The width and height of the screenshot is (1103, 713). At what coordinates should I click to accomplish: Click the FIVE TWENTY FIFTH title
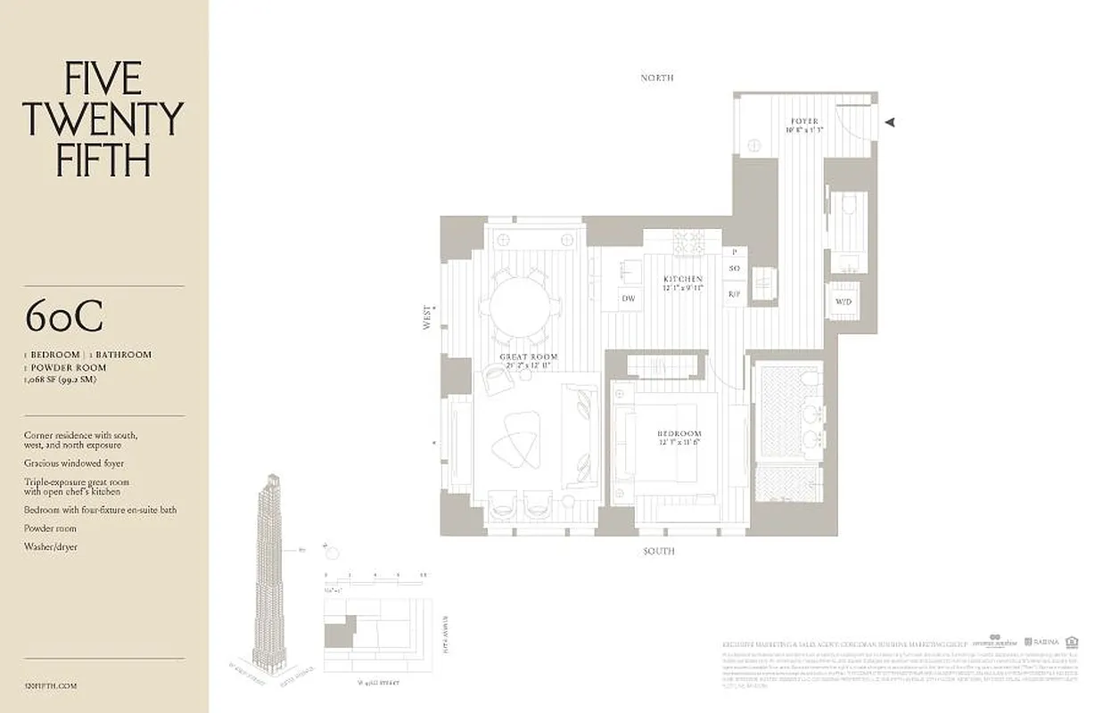coord(103,119)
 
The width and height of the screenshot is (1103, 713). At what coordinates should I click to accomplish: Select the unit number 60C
coord(64,316)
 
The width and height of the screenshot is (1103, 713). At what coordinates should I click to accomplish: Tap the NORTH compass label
coord(657,78)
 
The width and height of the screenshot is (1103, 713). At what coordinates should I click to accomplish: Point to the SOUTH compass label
coord(659,552)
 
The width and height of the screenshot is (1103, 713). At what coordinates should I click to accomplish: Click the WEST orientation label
coord(429,318)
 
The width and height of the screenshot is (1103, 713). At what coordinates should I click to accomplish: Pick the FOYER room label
coord(803,121)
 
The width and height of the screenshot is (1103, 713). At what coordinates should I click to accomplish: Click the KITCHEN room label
coord(683,279)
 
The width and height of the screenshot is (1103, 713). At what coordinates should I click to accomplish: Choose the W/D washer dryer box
coord(843,301)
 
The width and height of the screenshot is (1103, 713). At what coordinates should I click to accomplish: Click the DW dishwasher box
coord(629,299)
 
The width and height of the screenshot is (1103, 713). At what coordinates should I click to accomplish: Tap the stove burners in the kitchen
coord(688,242)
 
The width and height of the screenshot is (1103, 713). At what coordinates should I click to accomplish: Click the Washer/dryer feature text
coord(51,546)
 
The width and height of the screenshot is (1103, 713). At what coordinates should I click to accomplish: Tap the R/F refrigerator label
coord(735,294)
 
